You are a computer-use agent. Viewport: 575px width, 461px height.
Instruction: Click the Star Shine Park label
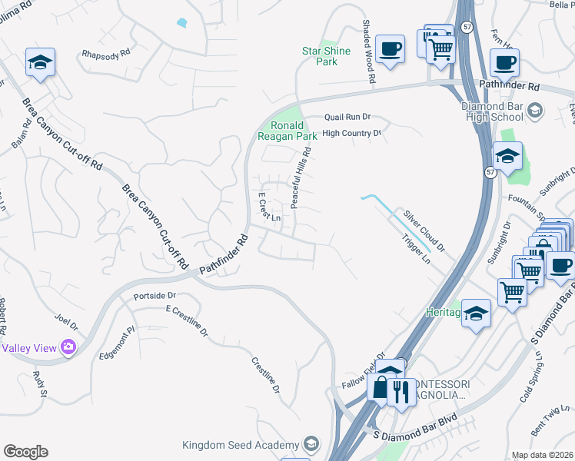click(326, 56)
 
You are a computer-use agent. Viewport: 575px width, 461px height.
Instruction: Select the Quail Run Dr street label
click(347, 118)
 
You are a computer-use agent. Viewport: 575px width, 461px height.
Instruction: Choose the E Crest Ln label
click(268, 206)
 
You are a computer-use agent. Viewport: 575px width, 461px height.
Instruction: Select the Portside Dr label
click(155, 296)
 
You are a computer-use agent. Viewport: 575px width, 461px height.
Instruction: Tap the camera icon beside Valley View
click(69, 348)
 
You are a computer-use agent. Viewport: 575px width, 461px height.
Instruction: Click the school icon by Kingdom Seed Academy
click(311, 445)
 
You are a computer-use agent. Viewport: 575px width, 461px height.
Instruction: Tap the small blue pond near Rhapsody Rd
click(181, 22)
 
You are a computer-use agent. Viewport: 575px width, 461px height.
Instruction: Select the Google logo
click(25, 452)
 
